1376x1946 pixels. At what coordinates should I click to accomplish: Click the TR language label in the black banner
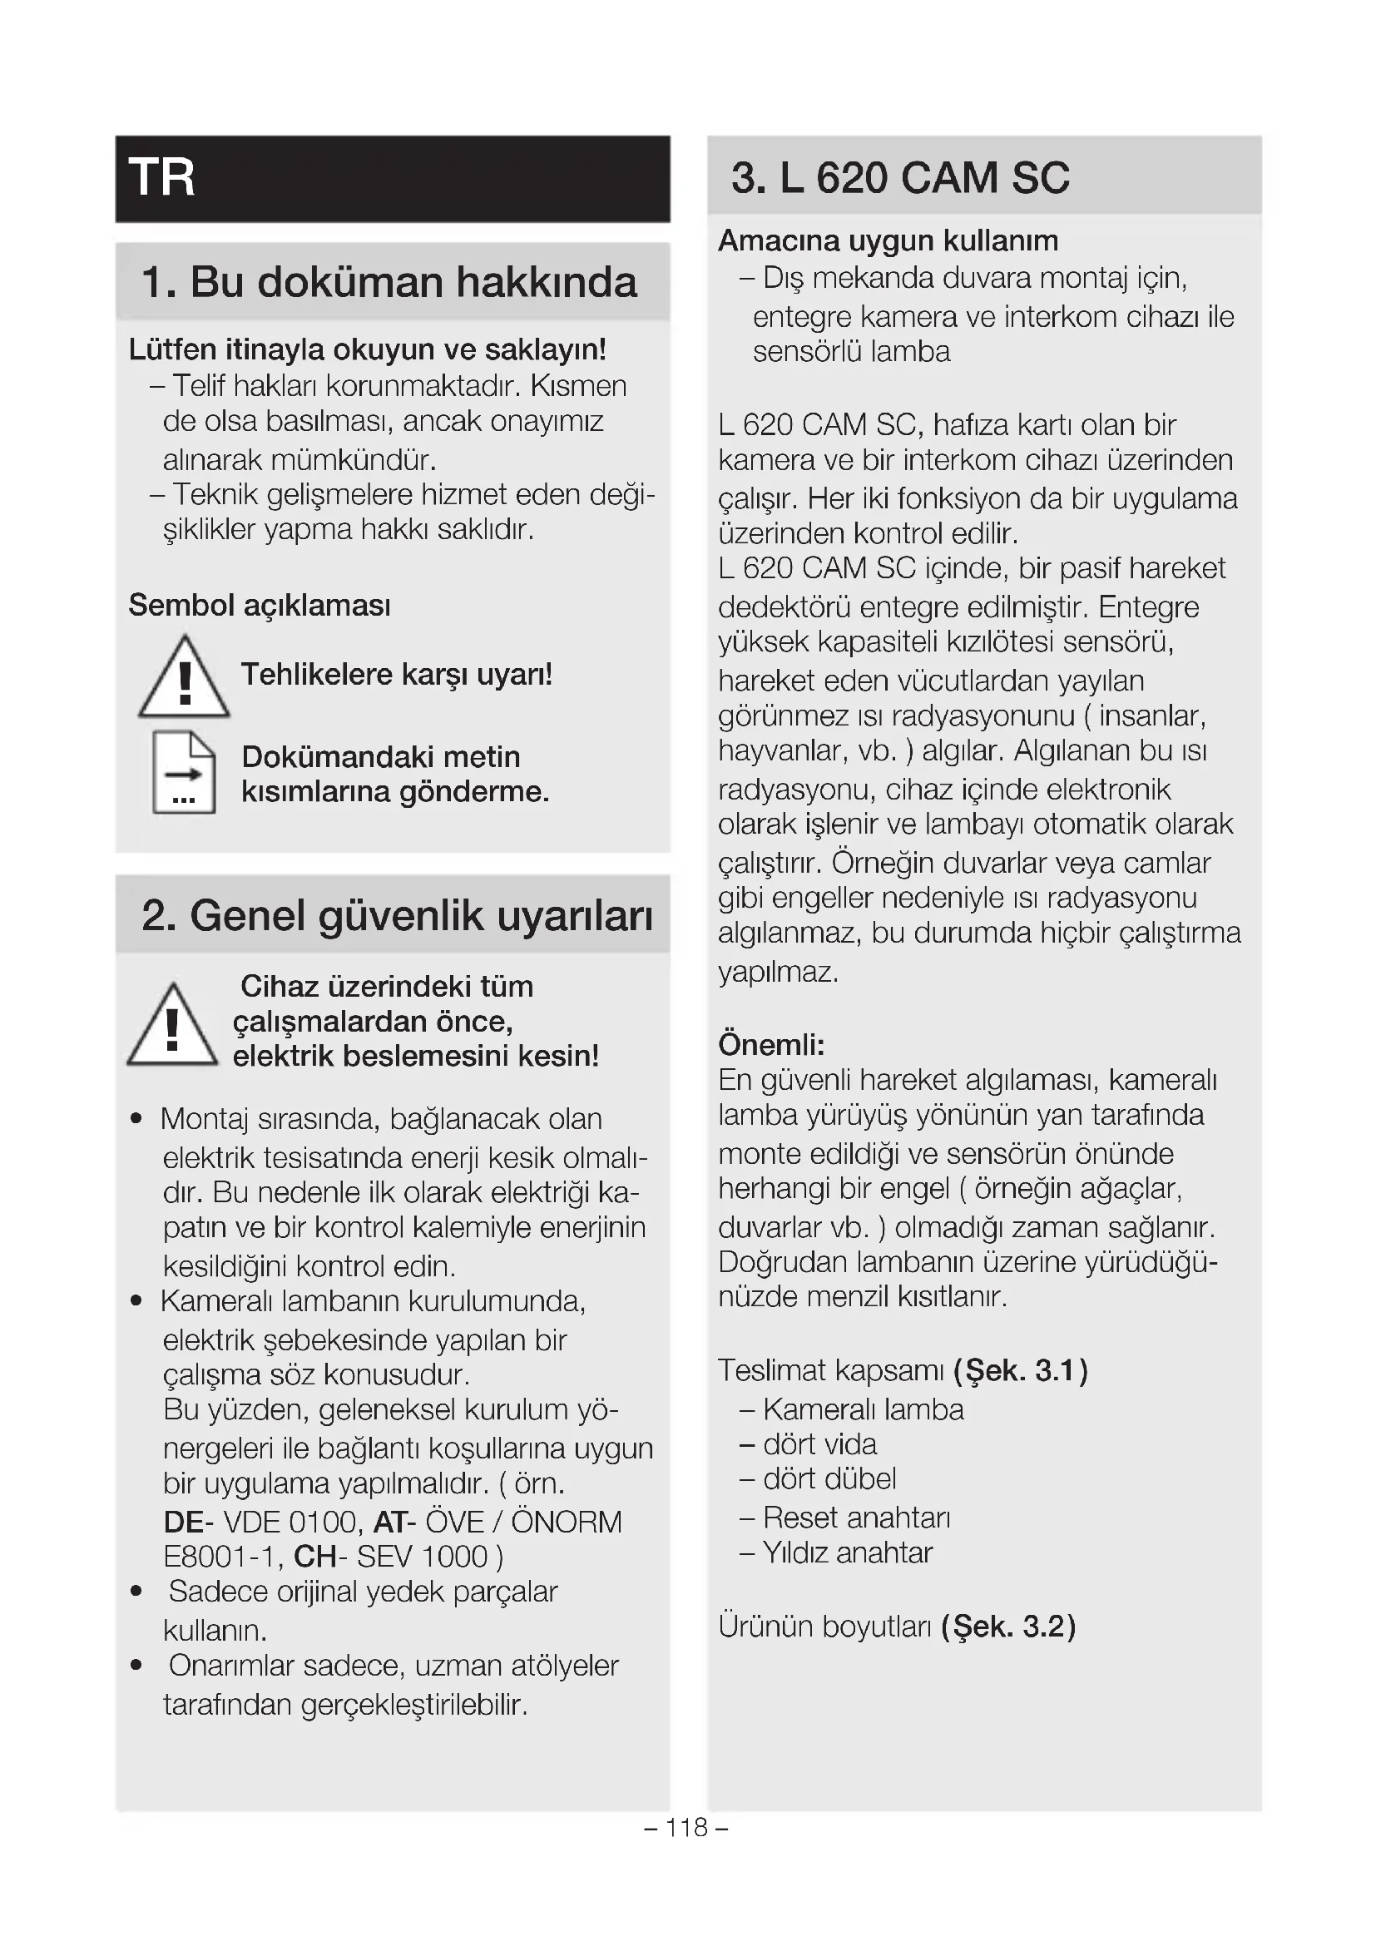tap(162, 178)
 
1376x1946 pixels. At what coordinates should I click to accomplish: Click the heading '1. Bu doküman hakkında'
tap(389, 282)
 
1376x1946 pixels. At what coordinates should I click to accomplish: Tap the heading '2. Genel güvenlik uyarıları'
tap(398, 916)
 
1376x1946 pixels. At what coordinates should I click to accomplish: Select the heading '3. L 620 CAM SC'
tap(900, 178)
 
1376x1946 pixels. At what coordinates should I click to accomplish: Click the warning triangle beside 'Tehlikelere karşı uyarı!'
tap(184, 678)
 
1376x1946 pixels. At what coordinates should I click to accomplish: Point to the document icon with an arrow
tap(184, 773)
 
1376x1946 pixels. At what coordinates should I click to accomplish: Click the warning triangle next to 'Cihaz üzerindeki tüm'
tap(172, 1027)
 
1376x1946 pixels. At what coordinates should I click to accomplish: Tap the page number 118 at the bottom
tap(686, 1827)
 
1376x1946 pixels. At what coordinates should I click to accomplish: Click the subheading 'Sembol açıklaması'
tap(260, 606)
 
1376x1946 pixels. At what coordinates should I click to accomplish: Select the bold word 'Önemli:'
tap(771, 1045)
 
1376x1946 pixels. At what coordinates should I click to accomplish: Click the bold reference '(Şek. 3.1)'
tap(1020, 1370)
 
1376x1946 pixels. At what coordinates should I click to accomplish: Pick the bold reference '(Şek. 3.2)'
tap(1007, 1627)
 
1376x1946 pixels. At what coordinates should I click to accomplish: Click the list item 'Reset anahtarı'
tap(856, 1518)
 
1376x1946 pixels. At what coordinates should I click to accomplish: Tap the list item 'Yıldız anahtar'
tap(847, 1552)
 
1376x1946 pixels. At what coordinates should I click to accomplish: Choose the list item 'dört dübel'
tap(829, 1479)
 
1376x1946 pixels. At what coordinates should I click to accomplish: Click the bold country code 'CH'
tap(314, 1557)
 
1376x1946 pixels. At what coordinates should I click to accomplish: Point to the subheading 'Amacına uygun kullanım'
tap(888, 240)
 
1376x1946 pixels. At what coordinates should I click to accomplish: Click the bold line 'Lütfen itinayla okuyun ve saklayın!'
tap(367, 349)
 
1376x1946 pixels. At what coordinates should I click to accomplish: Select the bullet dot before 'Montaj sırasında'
tap(136, 1120)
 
